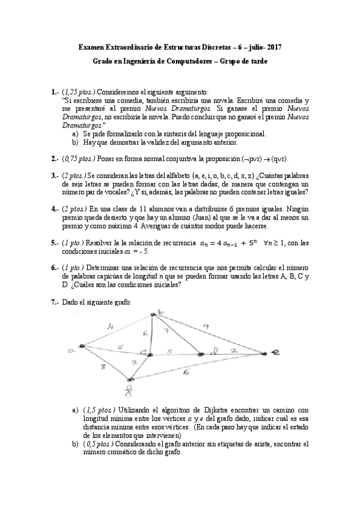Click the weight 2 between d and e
tap(234, 349)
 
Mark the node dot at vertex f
tap(130, 379)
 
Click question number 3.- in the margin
tap(55, 175)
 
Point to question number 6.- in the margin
tap(55, 268)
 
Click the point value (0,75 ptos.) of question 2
tap(78, 159)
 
